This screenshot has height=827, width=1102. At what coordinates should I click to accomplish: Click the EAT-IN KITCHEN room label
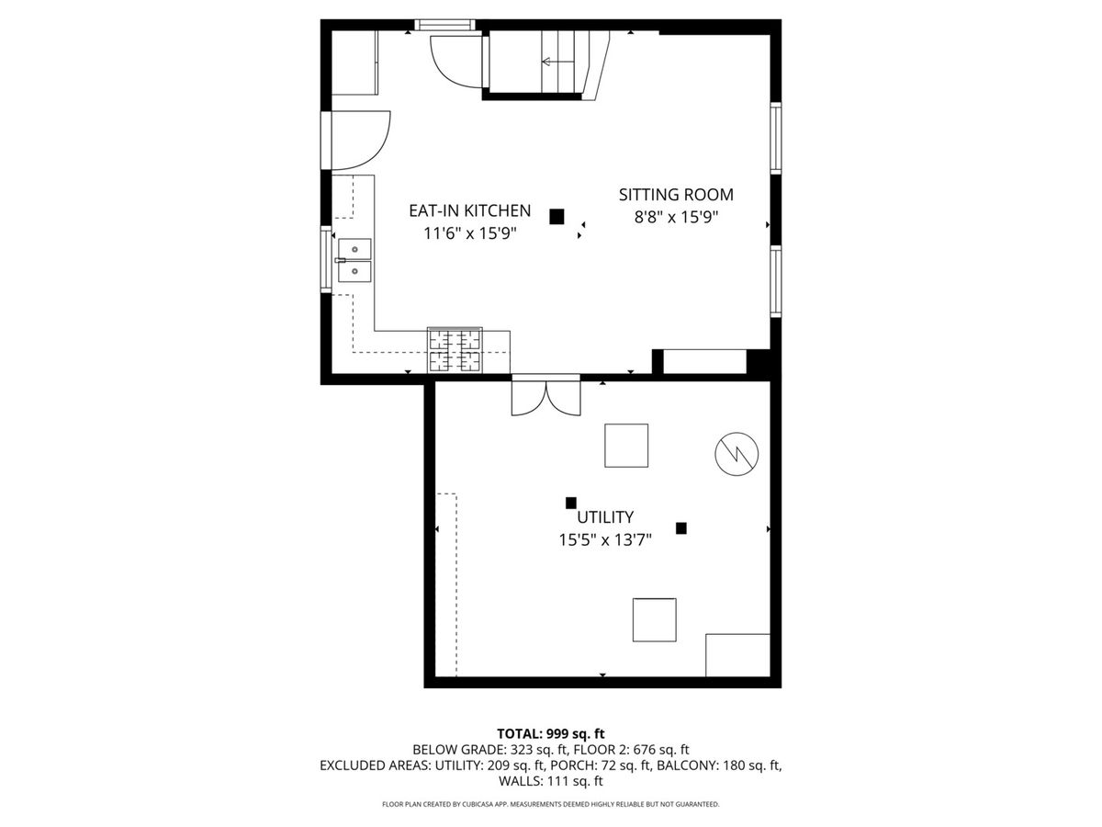(x=469, y=211)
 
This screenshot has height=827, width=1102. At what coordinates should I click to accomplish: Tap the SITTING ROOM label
(x=676, y=195)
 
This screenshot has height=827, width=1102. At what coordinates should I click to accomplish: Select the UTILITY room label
(x=605, y=516)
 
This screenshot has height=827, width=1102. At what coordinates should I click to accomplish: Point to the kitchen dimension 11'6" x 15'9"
(x=470, y=233)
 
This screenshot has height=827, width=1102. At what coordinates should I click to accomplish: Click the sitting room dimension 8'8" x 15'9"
(x=676, y=218)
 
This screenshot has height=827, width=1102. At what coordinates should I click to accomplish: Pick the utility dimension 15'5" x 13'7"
(x=605, y=539)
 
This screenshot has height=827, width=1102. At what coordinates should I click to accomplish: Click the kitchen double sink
(x=354, y=260)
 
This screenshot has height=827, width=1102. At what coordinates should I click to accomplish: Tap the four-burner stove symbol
(x=455, y=350)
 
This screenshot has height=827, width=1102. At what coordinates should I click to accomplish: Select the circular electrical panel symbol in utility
(x=737, y=454)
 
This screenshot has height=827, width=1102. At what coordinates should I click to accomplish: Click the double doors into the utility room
(x=545, y=397)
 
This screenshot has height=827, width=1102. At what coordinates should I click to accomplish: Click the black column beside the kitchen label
(x=557, y=217)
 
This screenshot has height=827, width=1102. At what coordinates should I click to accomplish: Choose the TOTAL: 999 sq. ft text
(x=551, y=733)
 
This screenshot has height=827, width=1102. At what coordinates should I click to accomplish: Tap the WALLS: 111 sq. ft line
(x=551, y=781)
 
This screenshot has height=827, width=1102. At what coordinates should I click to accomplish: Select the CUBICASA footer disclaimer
(x=551, y=804)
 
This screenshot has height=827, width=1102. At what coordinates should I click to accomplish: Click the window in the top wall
(x=444, y=25)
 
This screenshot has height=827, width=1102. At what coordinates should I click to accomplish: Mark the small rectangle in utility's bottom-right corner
(x=737, y=655)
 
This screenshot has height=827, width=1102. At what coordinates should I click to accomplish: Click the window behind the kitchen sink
(x=326, y=259)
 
